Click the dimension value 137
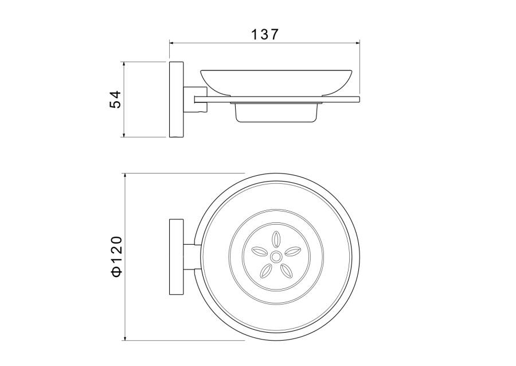pos(265,34)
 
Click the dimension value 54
pos(115,99)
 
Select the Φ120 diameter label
pos(116,256)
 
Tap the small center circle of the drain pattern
pos(275,256)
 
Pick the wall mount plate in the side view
pos(177,99)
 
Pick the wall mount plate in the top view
pos(177,256)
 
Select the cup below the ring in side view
pos(276,113)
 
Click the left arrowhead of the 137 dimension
pos(171,43)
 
